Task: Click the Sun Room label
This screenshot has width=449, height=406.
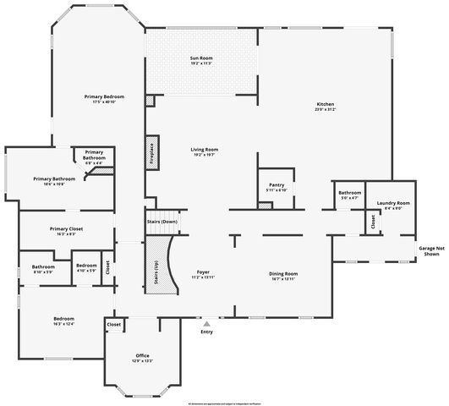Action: pyautogui.click(x=200, y=59)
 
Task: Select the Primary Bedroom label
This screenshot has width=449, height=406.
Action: pyautogui.click(x=105, y=98)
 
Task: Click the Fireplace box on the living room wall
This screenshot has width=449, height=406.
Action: pyautogui.click(x=152, y=151)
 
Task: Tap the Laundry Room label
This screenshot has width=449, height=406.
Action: pyautogui.click(x=393, y=204)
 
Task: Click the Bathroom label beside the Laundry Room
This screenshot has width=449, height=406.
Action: pyautogui.click(x=349, y=195)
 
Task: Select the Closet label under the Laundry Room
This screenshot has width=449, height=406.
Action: pyautogui.click(x=372, y=222)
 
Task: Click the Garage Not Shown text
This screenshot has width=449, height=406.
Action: pyautogui.click(x=430, y=250)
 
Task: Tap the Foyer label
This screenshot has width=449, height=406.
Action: pyautogui.click(x=203, y=273)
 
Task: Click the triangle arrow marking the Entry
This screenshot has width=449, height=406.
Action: pyautogui.click(x=206, y=322)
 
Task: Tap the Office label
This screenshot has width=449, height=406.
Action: pyautogui.click(x=142, y=357)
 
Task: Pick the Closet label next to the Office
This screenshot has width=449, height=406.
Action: pyautogui.click(x=114, y=324)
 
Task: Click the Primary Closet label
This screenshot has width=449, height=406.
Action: pyautogui.click(x=66, y=230)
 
